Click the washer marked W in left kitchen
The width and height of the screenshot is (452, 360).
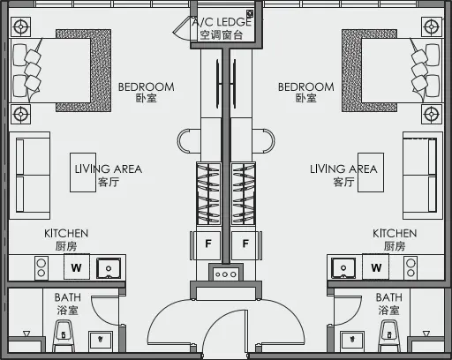coord(77,267)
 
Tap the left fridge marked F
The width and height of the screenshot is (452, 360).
coord(208,243)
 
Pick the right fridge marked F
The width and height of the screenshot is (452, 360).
coord(245,243)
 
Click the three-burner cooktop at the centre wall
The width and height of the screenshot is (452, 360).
coord(226,274)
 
